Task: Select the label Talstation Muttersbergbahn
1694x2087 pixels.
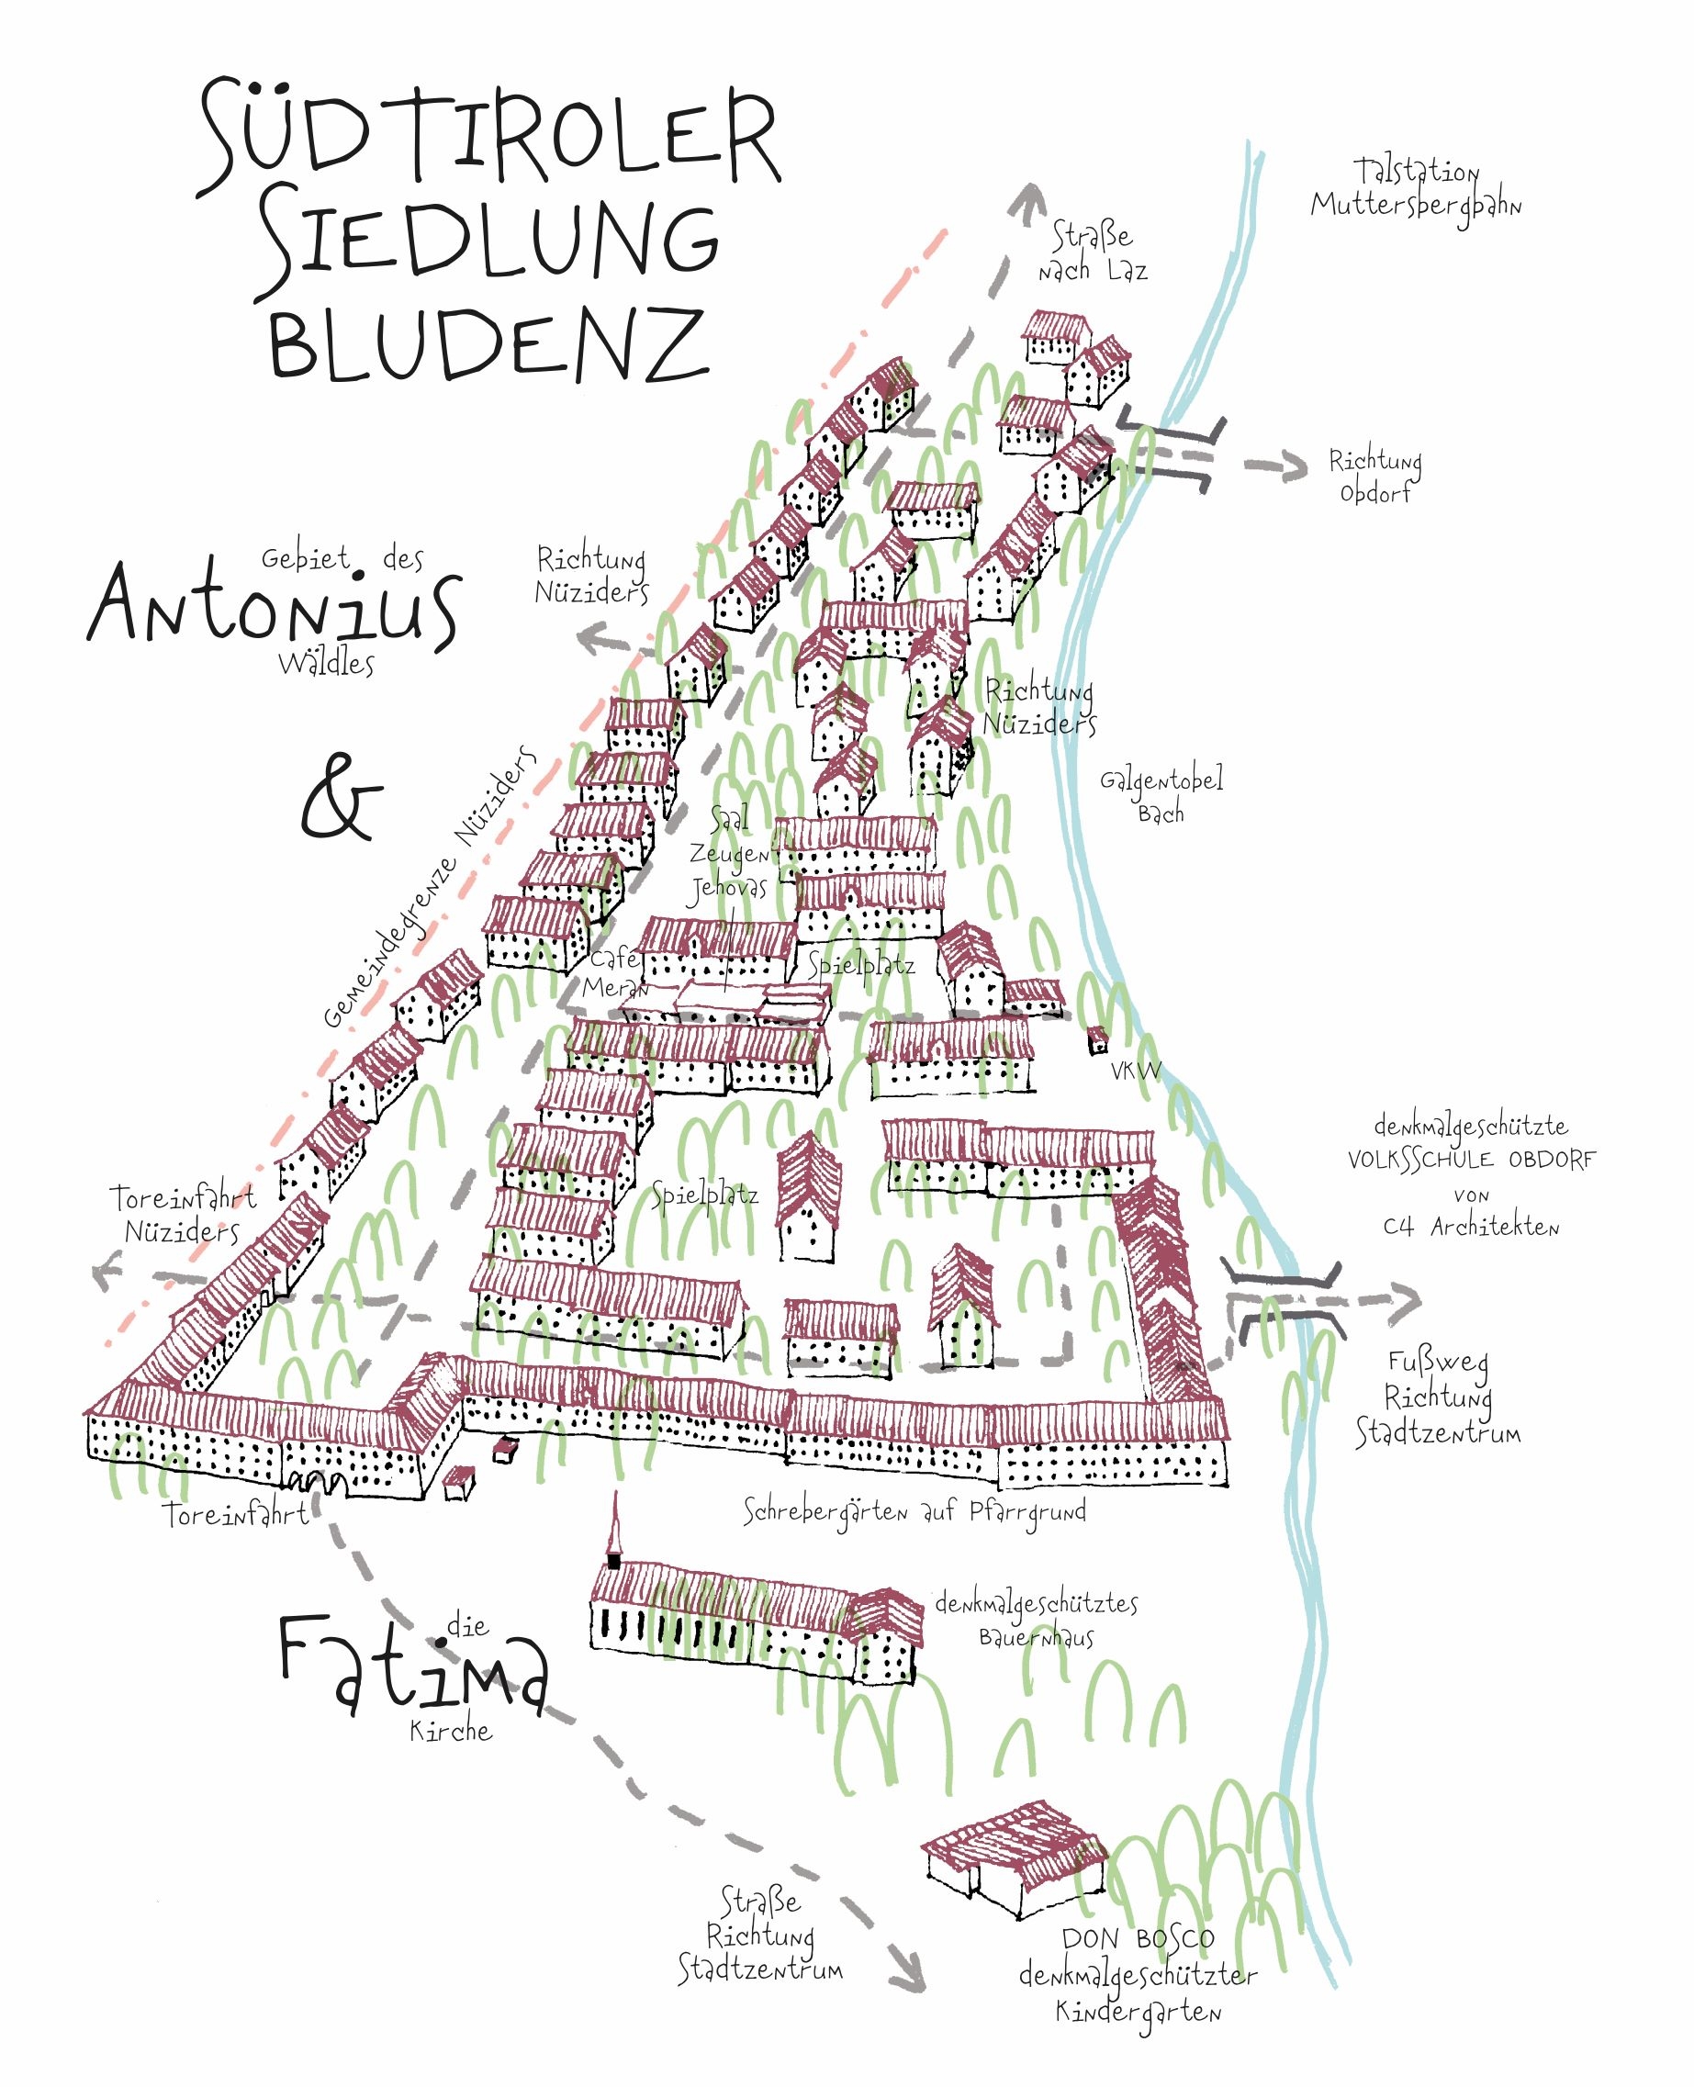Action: (1415, 191)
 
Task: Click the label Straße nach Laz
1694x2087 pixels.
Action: (1092, 252)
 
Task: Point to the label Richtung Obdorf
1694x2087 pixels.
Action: (1374, 477)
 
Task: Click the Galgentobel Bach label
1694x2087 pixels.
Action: (1161, 795)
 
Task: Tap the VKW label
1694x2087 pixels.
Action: (1136, 1071)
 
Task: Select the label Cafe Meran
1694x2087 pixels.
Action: (615, 972)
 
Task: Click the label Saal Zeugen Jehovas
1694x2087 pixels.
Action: (730, 856)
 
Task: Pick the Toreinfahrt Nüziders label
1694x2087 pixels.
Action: (183, 1214)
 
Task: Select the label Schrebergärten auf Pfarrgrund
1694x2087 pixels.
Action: (914, 1511)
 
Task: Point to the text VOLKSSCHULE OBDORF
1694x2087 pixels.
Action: (1472, 1160)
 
